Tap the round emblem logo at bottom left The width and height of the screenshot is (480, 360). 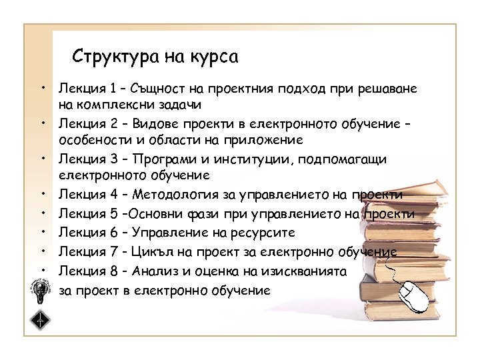coord(41,289)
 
